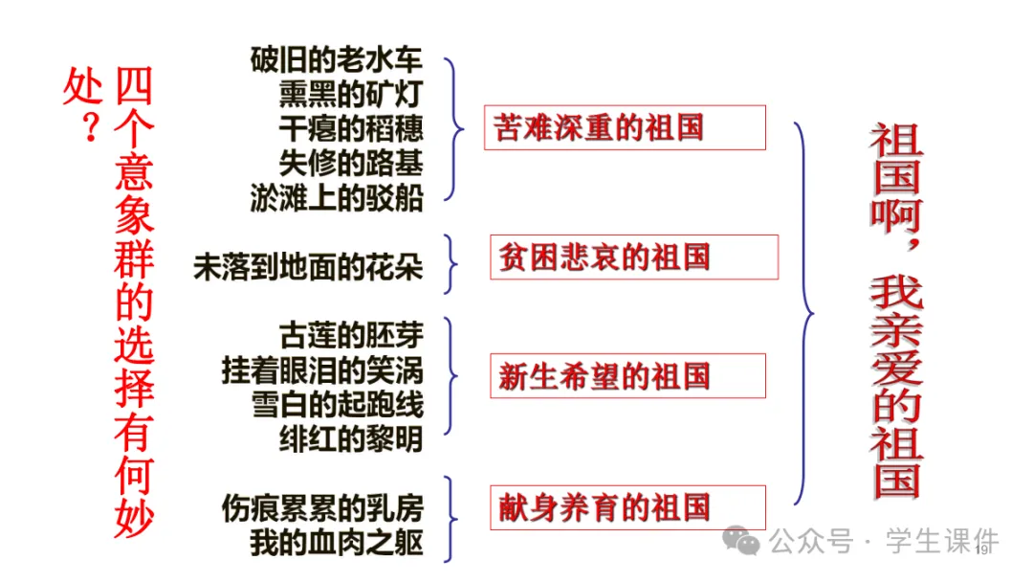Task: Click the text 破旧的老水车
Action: click(336, 60)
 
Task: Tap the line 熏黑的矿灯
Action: click(350, 94)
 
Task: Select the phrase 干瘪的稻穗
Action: click(350, 128)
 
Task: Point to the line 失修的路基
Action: click(350, 163)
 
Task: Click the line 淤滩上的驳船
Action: click(336, 197)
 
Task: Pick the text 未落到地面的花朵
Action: click(308, 266)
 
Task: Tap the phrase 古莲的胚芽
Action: click(350, 335)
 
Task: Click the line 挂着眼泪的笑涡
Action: click(322, 369)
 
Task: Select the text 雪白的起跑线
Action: click(336, 404)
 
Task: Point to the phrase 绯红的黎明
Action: click(350, 438)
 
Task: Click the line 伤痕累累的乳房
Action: click(322, 507)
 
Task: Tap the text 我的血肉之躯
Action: click(336, 542)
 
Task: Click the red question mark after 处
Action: click(90, 129)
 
